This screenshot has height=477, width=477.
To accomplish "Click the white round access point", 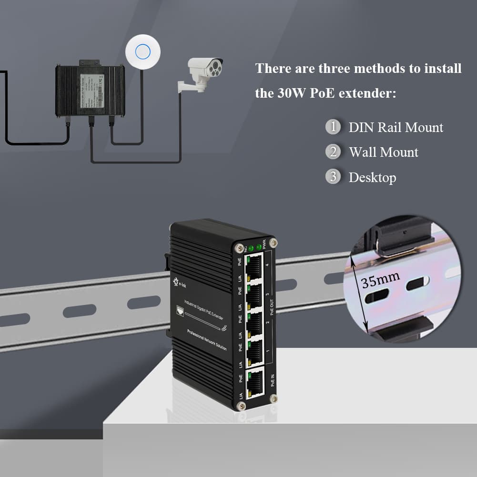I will [142, 52].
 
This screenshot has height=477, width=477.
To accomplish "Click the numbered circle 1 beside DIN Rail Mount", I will [333, 127].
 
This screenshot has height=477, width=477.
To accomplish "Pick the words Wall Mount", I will [383, 152].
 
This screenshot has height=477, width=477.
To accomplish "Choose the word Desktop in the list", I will [372, 178].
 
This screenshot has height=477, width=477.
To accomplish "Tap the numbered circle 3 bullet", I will [333, 177].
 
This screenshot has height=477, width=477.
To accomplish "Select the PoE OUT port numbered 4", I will [254, 266].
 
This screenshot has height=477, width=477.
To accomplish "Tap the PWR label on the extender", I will [264, 244].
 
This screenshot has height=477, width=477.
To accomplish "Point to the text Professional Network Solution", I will [207, 340].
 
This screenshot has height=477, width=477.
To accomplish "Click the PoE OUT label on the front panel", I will [272, 305].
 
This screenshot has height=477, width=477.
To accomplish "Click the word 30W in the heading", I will [291, 93].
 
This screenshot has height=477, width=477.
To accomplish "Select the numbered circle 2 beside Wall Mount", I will [333, 152].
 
